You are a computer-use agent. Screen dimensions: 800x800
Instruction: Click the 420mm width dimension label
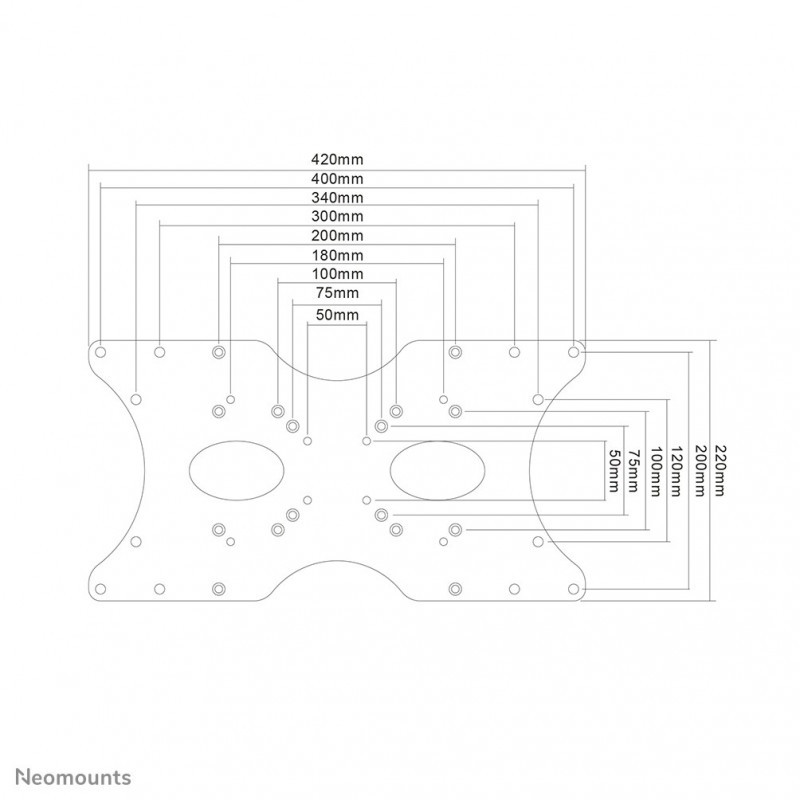click(x=337, y=160)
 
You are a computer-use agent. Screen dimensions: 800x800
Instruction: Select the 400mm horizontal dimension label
click(x=337, y=179)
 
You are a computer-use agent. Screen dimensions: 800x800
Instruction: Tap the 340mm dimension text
click(x=337, y=198)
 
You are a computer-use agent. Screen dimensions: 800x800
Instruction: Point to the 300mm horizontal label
click(x=337, y=216)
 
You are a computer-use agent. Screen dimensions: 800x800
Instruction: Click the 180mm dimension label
click(x=337, y=255)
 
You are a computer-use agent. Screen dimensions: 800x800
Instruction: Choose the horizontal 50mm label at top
click(x=337, y=315)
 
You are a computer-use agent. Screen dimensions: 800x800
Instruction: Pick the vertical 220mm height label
click(x=719, y=470)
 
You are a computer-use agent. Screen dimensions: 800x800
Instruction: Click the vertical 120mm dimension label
click(x=676, y=470)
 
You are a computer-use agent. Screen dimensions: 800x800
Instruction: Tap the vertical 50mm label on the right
click(x=614, y=470)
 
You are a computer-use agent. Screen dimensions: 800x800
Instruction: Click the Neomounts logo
click(x=73, y=778)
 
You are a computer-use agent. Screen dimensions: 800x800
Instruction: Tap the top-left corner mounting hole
click(x=101, y=352)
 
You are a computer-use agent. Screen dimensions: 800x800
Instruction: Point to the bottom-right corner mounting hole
click(x=573, y=589)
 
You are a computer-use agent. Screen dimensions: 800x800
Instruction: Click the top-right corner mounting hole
click(x=573, y=352)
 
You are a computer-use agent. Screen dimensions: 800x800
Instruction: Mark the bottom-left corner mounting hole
click(x=101, y=589)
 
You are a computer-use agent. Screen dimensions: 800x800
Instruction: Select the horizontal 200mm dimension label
click(x=337, y=236)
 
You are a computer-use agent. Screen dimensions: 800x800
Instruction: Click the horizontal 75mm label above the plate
click(x=337, y=293)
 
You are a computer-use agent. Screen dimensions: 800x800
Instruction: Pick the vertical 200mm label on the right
click(x=698, y=470)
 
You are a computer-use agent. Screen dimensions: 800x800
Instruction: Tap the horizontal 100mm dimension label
click(x=337, y=274)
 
